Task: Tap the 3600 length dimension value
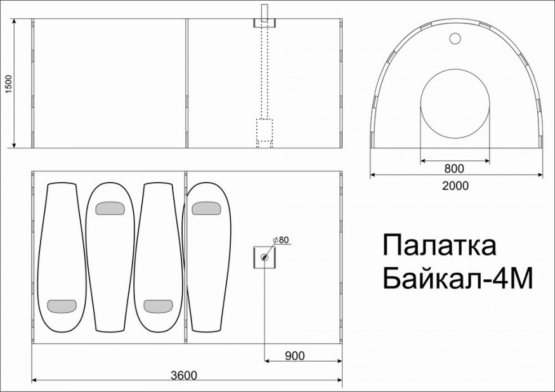tap(183, 375)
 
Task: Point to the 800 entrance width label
tap(454, 169)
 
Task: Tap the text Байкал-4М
tap(455, 278)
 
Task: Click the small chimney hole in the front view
tap(455, 39)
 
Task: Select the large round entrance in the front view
tap(455, 105)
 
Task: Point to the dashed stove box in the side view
tap(264, 129)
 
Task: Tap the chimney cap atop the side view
tap(265, 23)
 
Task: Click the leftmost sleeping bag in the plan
tap(62, 254)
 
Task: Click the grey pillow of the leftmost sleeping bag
tap(62, 306)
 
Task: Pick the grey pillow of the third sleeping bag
tap(158, 306)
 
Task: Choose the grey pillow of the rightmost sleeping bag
tap(206, 208)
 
